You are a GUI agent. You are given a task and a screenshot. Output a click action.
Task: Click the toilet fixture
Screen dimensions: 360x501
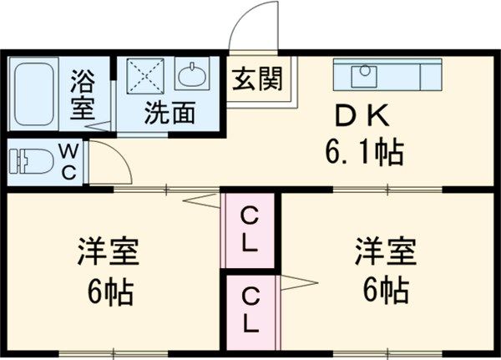(x=33, y=160)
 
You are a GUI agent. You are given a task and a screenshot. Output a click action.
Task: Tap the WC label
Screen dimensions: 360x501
(x=69, y=161)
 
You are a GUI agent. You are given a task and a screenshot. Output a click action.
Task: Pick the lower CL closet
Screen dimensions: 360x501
(x=250, y=308)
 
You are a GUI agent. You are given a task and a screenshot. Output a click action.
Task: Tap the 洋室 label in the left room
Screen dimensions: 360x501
(x=109, y=251)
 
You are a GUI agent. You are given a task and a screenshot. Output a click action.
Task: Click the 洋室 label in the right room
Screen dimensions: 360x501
(x=385, y=251)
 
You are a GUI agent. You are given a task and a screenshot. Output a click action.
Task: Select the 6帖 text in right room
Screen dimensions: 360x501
(x=385, y=291)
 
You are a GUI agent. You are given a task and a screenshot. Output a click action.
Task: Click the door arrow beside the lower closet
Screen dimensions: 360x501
(x=296, y=281)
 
